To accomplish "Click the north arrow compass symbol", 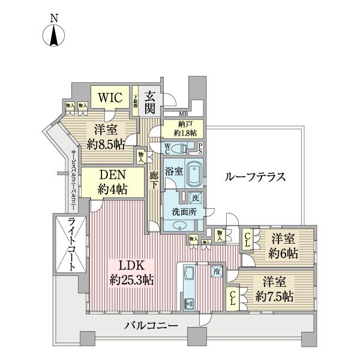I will click(54, 35).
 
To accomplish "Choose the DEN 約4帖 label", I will click(113, 181).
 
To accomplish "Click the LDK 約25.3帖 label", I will click(133, 272).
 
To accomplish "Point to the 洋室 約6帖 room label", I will click(283, 245).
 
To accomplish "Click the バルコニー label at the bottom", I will click(151, 327).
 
